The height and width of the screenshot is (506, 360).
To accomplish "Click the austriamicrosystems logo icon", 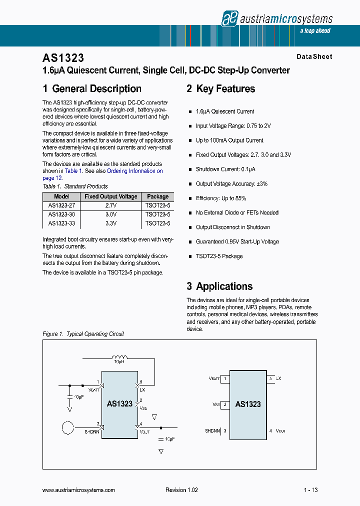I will tap(229, 18).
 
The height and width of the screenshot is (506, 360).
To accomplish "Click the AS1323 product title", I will tap(63, 58).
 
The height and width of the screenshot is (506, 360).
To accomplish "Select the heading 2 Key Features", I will tap(220, 89).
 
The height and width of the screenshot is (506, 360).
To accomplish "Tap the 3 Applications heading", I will tap(219, 286).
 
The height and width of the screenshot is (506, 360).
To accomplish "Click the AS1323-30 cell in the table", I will tap(61, 214).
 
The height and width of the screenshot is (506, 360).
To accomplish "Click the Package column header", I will tap(157, 197).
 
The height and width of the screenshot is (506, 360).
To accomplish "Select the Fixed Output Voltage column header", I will tap(110, 197).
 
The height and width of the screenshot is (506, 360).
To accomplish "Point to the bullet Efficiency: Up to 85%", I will tap(220, 198).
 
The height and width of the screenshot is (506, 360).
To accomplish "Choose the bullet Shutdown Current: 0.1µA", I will tap(225, 169).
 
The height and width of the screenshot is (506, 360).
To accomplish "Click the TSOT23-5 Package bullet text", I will tap(219, 256).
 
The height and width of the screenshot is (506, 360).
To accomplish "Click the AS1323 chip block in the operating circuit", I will tap(119, 404).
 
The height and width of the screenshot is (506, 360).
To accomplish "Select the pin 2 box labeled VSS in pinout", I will tap(225, 404).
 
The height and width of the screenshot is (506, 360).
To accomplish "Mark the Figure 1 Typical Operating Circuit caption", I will tap(83, 334).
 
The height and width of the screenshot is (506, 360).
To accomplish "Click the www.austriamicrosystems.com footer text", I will tap(79, 490).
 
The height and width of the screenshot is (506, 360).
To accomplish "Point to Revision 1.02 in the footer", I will tap(181, 490).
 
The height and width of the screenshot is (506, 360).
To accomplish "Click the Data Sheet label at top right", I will tap(314, 57).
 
